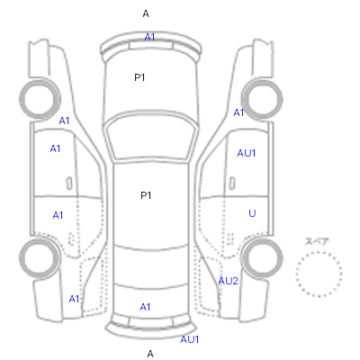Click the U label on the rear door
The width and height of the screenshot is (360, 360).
[x=252, y=213]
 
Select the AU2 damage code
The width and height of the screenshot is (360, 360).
[x=228, y=281]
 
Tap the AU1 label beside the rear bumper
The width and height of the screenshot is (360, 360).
[x=190, y=339]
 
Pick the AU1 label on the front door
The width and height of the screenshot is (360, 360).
[x=247, y=153]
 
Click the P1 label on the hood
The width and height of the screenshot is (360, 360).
[x=139, y=77]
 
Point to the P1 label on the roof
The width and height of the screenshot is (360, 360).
[x=146, y=195]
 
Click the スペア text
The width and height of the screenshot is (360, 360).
[x=317, y=241]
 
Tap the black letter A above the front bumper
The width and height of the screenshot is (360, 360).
[x=146, y=13]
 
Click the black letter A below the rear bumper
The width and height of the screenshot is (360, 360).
[x=150, y=354]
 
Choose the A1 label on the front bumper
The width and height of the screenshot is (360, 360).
[x=149, y=37]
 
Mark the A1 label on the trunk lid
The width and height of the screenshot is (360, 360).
[x=145, y=307]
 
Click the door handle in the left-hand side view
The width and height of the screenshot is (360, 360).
[x=69, y=184]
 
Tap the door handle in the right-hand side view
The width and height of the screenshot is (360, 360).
[x=232, y=184]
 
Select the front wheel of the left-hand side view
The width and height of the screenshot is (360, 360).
[x=40, y=99]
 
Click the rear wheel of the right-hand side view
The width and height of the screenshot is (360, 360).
[x=262, y=258]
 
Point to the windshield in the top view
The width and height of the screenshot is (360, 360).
[x=151, y=137]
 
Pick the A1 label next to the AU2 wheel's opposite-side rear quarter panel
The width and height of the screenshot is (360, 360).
[x=74, y=299]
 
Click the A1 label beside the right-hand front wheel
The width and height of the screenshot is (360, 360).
[x=238, y=112]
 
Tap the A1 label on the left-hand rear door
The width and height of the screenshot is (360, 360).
[x=58, y=215]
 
